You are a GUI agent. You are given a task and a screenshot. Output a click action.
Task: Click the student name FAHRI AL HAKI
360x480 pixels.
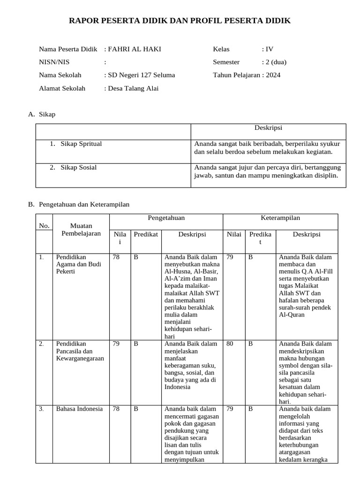[135, 49]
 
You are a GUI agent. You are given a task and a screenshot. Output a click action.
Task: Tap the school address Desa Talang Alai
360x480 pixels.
[133, 88]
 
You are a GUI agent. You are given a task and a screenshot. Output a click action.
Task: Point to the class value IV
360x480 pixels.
[269, 49]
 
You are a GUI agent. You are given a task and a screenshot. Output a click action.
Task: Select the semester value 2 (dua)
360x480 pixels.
[276, 62]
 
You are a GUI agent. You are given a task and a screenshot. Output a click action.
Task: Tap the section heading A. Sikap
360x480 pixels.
[42, 114]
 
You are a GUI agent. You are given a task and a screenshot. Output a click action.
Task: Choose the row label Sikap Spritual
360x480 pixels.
[81, 144]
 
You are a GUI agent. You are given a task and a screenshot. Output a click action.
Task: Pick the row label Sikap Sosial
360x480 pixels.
[79, 167]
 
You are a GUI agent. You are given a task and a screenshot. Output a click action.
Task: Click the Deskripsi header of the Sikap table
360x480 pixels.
[268, 127]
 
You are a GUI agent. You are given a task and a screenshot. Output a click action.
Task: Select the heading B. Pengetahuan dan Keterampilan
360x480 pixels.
[78, 204]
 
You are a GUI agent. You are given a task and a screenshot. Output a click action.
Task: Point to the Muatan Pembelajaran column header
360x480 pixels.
[81, 230]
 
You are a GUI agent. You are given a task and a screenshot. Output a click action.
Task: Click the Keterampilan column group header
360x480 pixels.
[280, 218]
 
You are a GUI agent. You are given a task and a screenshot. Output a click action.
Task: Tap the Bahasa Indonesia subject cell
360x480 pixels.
[79, 409]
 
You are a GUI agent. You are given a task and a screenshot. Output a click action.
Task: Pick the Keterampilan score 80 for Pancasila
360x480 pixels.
[230, 344]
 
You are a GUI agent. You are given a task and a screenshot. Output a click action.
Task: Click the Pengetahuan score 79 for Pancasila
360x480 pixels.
[116, 344]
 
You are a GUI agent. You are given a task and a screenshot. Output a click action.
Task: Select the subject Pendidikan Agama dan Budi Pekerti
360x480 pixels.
[78, 264]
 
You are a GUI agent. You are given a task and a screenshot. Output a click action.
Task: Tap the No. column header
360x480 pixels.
[45, 226]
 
